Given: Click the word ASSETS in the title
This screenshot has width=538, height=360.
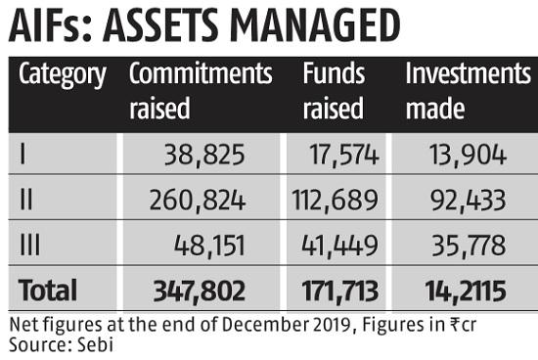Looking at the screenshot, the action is tap(160, 25).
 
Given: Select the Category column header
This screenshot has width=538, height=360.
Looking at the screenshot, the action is tap(63, 75).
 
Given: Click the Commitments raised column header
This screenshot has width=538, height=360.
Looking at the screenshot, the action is tap(201, 91).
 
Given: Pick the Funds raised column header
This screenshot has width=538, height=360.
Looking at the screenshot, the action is tap(334, 91).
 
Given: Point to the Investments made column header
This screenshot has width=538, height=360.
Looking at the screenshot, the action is tap(469, 91).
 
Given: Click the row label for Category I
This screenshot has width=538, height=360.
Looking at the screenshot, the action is tap(22, 155).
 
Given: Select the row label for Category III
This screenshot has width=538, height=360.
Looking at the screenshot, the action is tap(30, 245).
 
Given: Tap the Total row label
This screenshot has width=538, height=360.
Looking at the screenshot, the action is tap(48, 291).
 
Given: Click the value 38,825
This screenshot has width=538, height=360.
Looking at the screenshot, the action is tap(204, 156).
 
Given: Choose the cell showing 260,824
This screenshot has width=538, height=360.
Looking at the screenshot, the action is tap(198, 201).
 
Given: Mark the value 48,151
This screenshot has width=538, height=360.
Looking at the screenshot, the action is tap(209, 246).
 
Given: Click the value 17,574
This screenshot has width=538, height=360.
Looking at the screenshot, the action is tap(344, 156).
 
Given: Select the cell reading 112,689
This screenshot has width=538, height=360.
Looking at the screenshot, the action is tap(335, 201).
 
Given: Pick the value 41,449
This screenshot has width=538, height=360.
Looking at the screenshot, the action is tap(339, 246).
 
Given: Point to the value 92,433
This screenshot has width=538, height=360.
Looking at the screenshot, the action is tap(468, 201).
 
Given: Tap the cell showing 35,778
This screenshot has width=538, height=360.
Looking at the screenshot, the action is tap(469, 246).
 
